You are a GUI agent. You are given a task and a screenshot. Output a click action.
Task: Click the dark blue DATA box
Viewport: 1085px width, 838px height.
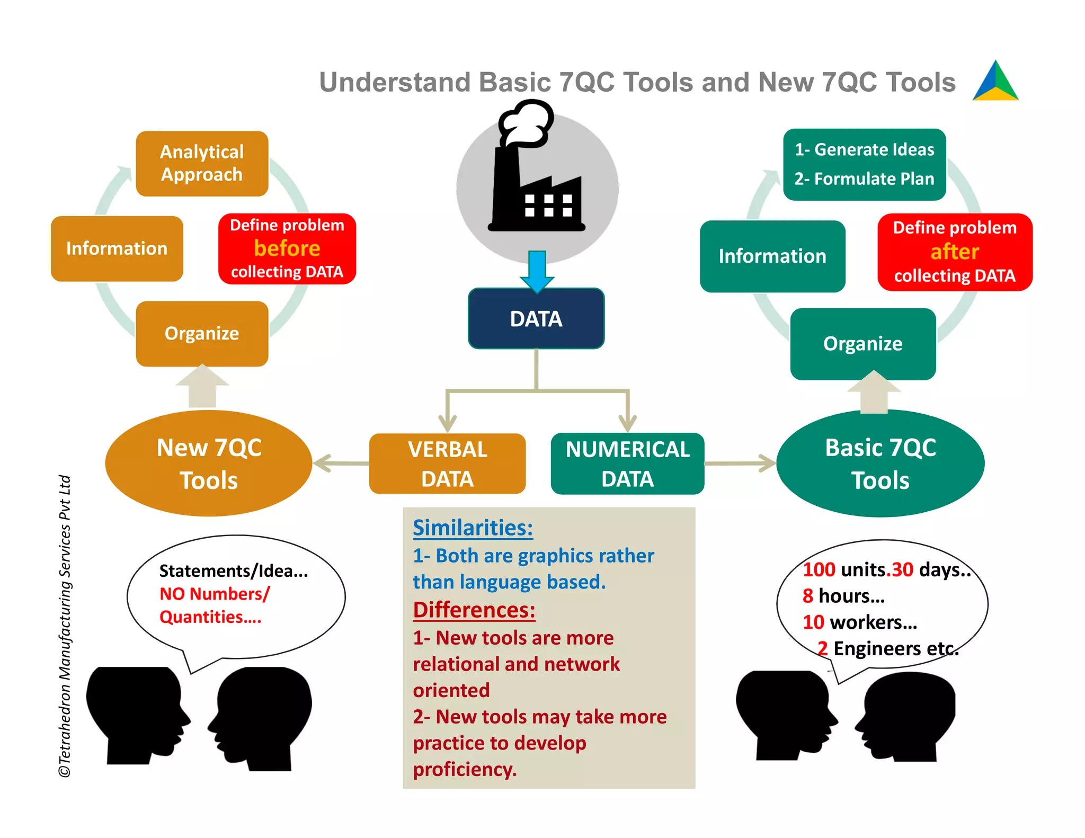[x=536, y=318]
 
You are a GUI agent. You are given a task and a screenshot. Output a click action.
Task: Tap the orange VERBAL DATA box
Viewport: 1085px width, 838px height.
[x=447, y=463]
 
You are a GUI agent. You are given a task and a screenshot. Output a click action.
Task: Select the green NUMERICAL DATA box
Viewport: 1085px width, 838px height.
[x=627, y=463]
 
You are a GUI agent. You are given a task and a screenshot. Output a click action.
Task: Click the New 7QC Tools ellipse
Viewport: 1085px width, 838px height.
[x=209, y=463]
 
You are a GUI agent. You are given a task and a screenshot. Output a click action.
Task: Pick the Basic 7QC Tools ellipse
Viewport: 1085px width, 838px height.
[x=880, y=463]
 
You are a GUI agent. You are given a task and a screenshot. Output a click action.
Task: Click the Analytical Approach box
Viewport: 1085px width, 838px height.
[x=202, y=163]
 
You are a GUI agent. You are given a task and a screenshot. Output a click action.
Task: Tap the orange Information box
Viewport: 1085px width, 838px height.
[x=117, y=248]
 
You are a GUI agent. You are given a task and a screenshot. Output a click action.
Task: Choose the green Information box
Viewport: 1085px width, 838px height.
[x=772, y=256]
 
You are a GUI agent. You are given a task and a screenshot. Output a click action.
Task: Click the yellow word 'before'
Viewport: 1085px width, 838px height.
[x=287, y=248]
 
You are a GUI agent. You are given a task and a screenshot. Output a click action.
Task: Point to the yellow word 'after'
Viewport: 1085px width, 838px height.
[x=955, y=252]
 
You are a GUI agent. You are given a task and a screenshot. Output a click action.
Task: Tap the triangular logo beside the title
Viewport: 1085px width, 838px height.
[x=995, y=82]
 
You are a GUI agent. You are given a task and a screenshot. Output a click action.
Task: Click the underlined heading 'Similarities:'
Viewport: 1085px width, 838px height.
[x=473, y=528]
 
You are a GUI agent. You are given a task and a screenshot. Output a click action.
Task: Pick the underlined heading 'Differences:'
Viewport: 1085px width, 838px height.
[x=474, y=610]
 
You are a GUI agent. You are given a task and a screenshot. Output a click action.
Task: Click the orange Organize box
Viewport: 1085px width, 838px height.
[x=202, y=334]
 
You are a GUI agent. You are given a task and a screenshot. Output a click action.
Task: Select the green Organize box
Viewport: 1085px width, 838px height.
[x=862, y=344]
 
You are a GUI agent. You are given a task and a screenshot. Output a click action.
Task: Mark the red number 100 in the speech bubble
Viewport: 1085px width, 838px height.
[x=819, y=569]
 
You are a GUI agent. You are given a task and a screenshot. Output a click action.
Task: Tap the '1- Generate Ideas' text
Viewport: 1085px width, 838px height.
[x=864, y=150]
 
